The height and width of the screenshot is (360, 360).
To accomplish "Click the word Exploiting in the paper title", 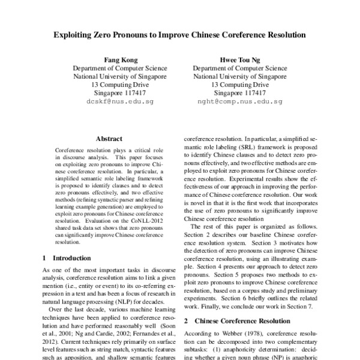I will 74,35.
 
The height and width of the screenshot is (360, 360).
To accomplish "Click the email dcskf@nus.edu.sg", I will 112,102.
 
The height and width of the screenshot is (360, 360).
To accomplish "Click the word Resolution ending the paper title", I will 284,35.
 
